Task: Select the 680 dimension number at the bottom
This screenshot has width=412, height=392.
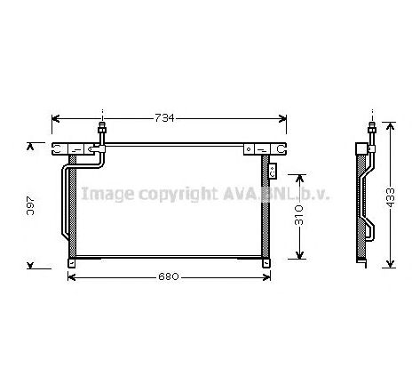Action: click(170, 276)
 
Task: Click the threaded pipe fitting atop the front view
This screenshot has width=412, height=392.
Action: click(103, 133)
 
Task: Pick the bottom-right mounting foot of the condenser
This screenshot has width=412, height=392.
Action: click(263, 260)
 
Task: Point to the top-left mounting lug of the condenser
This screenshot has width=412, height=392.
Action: click(60, 149)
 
